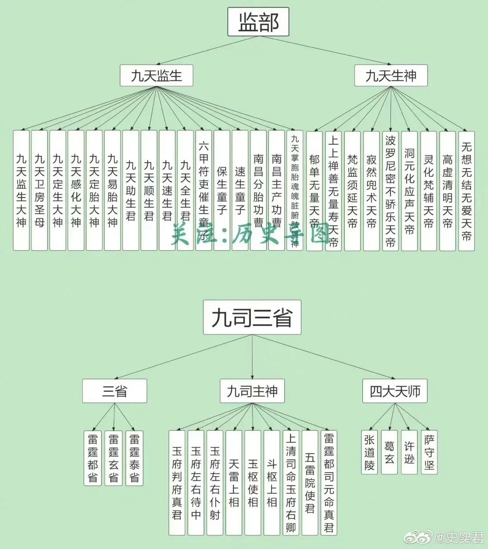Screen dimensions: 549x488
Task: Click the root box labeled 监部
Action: pos(258,22)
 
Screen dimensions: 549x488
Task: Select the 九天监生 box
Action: pos(156,75)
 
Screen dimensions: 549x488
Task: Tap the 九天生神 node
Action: pos(390,75)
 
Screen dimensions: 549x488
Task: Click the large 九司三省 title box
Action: pos(252,317)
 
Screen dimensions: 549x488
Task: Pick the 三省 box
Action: pos(114,391)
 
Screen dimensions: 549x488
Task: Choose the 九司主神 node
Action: pos(252,391)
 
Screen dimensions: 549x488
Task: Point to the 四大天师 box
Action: pos(395,391)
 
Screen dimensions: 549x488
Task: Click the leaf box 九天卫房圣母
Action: pos(39,190)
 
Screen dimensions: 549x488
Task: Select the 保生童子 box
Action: pos(222,190)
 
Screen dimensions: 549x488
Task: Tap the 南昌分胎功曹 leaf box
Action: pos(258,190)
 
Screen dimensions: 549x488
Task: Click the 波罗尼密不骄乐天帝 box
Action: pos(390,190)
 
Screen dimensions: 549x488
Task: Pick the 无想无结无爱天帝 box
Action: pos(466,190)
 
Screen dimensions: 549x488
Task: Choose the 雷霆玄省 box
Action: pos(113,458)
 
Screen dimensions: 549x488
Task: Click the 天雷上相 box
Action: pos(234,482)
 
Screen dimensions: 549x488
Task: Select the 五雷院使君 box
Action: pos(310,482)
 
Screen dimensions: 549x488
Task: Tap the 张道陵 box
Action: pos(370,452)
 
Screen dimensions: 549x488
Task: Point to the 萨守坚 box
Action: pos(429,452)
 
